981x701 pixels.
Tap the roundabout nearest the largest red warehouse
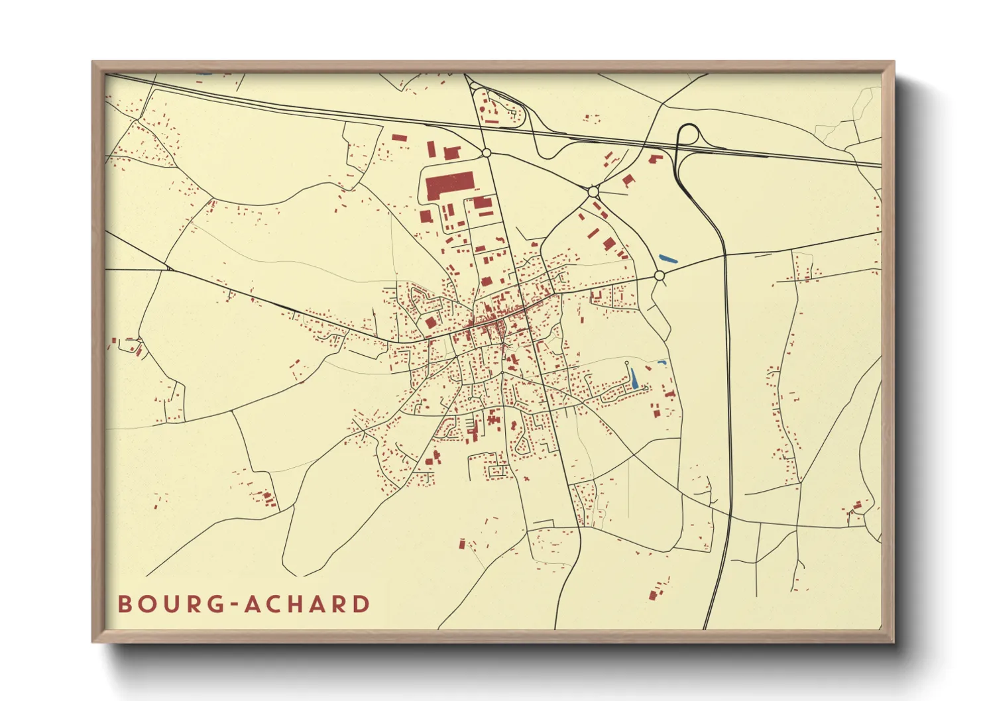pos(486,153)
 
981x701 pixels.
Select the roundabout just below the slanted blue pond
pos(659,275)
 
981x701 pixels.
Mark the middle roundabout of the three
pos(593,191)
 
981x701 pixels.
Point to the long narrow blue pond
pos(634,378)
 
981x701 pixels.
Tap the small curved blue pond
pos(662,362)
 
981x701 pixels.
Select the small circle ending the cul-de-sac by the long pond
pos(627,363)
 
